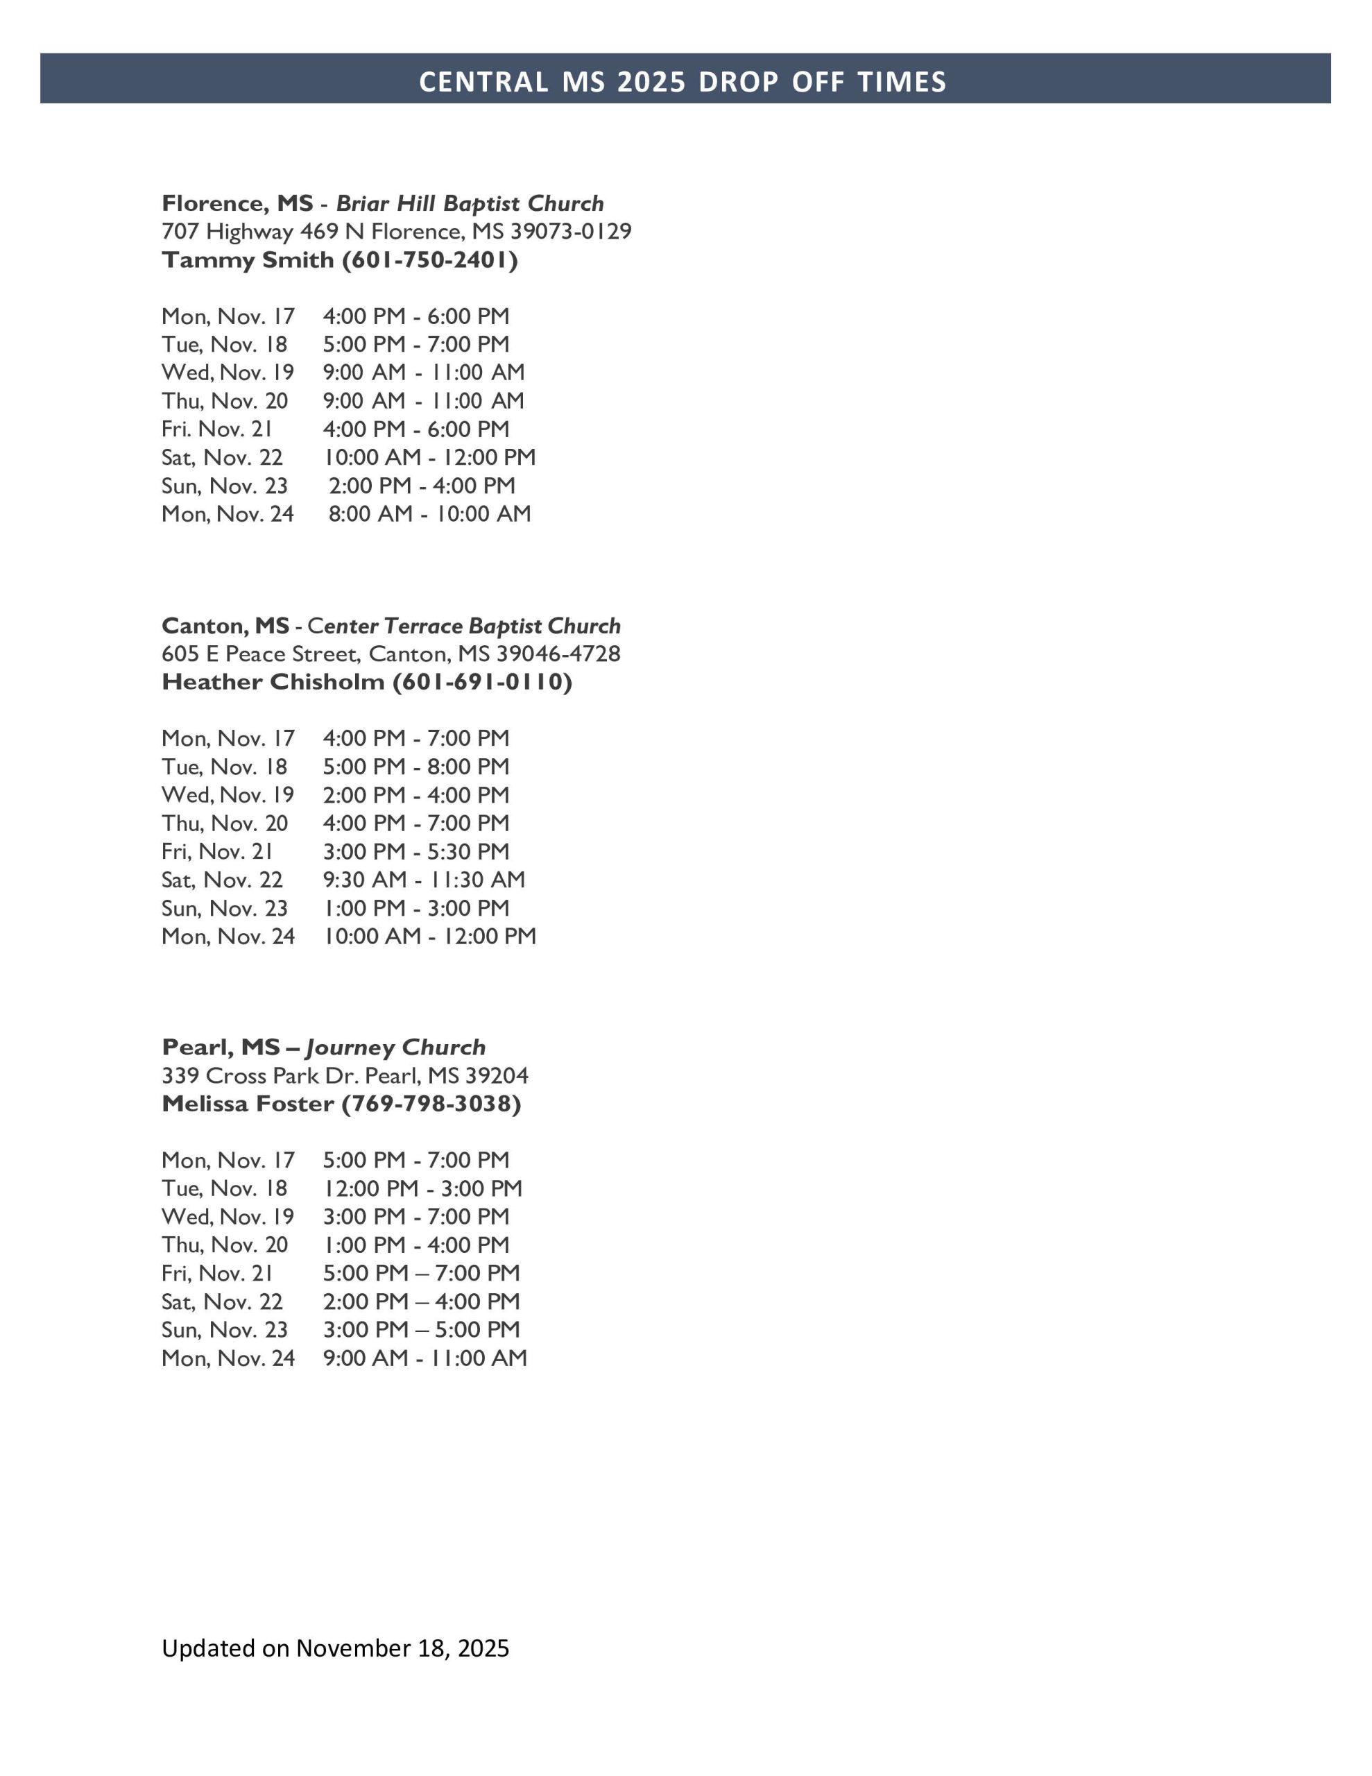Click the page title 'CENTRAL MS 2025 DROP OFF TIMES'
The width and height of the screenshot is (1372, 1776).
pos(683,81)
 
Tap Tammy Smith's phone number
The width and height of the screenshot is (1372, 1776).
pos(430,260)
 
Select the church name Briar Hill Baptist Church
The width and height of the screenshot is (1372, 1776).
pos(470,203)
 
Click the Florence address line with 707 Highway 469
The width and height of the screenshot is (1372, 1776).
pos(396,232)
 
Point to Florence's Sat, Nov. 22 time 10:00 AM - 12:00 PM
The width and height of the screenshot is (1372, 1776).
pos(429,457)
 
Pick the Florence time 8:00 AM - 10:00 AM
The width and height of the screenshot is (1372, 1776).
pos(429,514)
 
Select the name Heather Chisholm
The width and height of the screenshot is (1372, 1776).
pos(273,681)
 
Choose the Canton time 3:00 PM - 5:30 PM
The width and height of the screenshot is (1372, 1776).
pos(415,851)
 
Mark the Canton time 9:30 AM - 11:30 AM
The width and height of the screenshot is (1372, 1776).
pos(424,880)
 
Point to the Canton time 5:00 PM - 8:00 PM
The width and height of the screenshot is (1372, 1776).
pos(415,767)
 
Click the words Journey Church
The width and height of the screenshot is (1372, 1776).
pos(396,1048)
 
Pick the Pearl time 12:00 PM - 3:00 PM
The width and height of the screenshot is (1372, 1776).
pos(422,1188)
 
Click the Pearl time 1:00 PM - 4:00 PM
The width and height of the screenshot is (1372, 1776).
pos(415,1245)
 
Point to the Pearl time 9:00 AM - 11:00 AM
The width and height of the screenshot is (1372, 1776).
pos(425,1358)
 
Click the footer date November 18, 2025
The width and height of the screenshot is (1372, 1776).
pos(402,1648)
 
